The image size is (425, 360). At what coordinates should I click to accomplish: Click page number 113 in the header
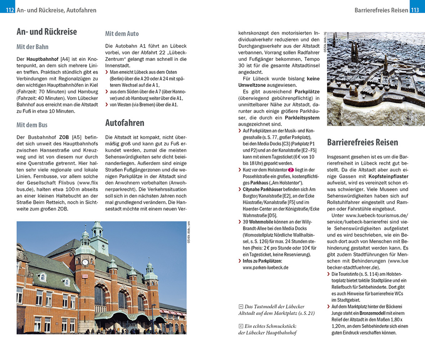(415, 10)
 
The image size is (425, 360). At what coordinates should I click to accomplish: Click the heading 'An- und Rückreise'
(47, 32)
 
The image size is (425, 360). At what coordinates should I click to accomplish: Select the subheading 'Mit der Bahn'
(32, 47)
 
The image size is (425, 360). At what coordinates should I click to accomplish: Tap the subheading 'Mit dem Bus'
(32, 125)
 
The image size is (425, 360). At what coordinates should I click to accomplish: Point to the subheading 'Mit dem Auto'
(122, 33)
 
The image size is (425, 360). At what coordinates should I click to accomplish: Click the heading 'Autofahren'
(125, 122)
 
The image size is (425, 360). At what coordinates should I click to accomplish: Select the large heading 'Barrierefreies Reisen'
(362, 142)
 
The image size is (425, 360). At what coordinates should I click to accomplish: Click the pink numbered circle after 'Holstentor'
(291, 170)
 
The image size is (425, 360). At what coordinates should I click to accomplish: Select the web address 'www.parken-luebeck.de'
(265, 267)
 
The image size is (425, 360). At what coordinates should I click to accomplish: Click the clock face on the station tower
(85, 262)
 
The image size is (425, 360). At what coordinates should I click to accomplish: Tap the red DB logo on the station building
(85, 276)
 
